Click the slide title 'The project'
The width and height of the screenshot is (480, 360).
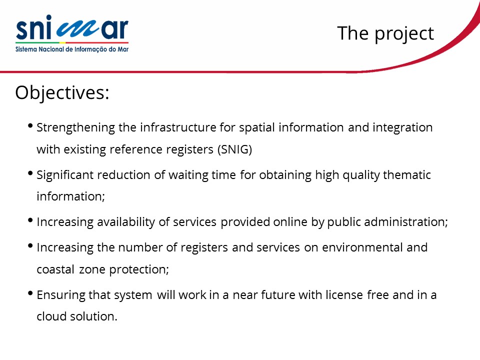(x=385, y=33)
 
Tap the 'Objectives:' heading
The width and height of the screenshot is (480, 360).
(x=62, y=93)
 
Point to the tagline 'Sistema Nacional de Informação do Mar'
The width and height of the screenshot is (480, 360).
(x=72, y=49)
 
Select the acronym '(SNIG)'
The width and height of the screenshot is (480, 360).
(x=235, y=149)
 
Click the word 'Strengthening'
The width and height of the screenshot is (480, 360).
(x=75, y=127)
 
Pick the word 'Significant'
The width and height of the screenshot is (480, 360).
(x=65, y=175)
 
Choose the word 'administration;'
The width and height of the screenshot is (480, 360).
(x=406, y=221)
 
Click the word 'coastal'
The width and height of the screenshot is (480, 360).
(x=55, y=269)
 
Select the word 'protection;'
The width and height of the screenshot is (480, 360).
(x=139, y=269)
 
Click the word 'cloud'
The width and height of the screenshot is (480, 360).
(x=51, y=316)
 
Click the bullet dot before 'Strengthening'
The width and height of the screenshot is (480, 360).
(x=30, y=126)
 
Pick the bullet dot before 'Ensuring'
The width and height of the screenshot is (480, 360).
(x=30, y=293)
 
